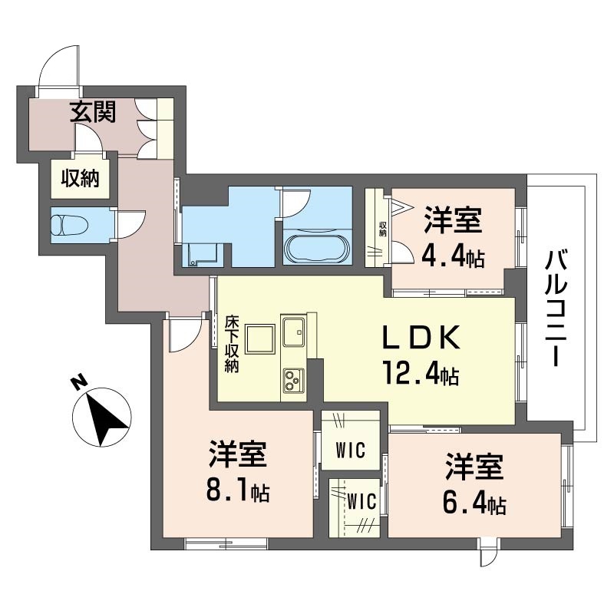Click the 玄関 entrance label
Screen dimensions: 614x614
94,113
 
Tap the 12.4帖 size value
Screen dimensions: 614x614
421,374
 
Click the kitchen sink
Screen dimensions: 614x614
294,333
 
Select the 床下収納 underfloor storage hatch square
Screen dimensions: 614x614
259,338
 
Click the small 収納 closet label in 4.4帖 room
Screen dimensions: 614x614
381,228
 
